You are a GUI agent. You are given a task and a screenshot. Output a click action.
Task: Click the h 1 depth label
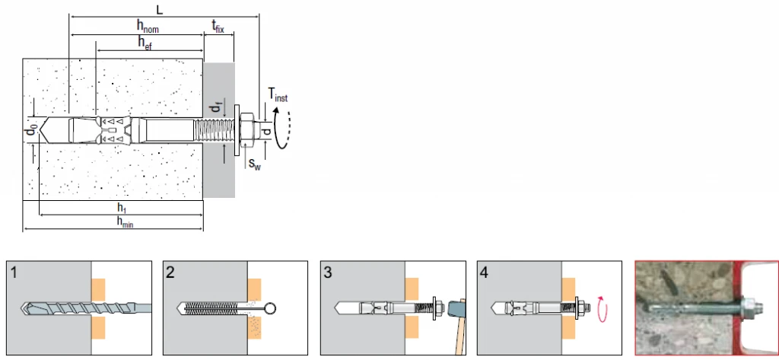tap(121, 208)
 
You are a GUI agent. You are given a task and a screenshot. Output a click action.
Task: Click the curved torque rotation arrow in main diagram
tap(283, 128)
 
